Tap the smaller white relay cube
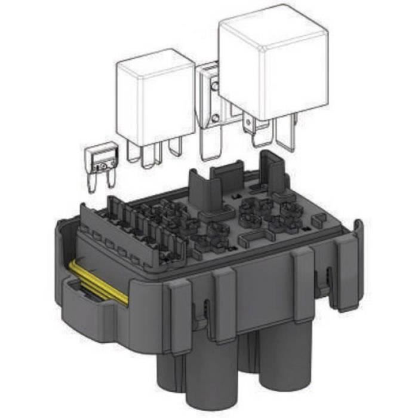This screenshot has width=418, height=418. (155, 99)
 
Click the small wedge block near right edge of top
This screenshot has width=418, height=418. (319, 220)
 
